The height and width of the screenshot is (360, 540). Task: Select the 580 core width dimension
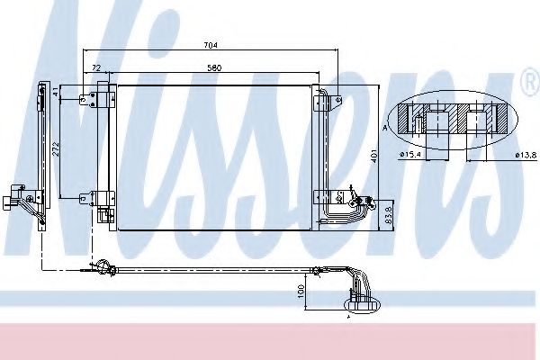pos(215,67)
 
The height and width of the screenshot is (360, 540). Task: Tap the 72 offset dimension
pos(94,67)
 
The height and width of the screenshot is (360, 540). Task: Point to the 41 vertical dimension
pos(55,92)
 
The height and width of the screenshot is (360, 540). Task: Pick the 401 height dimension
pos(372,155)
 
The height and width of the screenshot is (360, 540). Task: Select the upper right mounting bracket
pos(332,100)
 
